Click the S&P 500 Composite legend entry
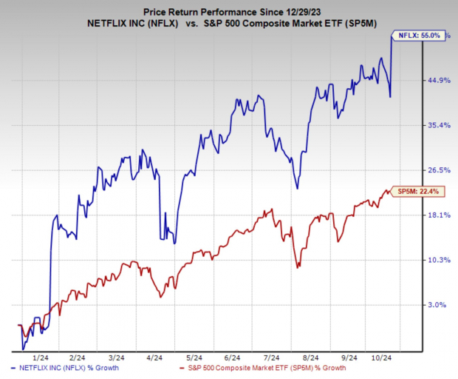point(267,368)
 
